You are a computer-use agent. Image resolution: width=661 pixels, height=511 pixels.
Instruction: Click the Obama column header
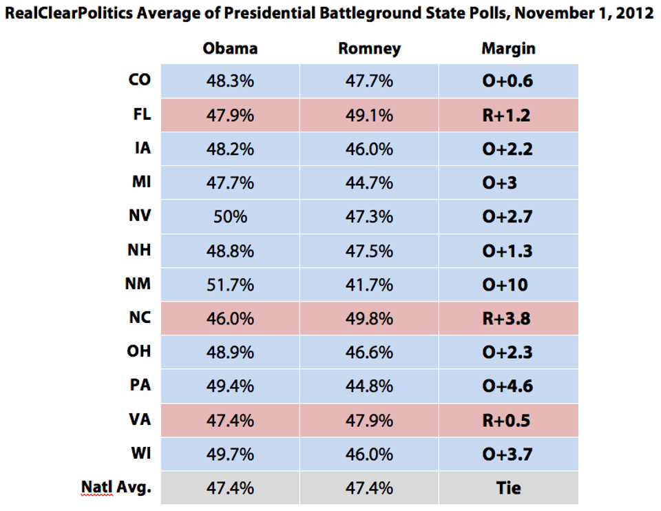tap(230, 48)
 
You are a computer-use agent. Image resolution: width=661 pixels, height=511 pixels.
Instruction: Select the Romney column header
tap(369, 48)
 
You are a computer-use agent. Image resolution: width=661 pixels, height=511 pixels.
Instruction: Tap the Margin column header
tap(508, 48)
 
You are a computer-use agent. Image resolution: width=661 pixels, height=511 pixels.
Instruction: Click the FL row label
tap(141, 114)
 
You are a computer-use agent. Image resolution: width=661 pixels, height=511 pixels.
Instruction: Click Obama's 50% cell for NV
tap(230, 216)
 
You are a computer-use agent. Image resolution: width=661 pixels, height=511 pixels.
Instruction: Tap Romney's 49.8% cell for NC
tap(369, 318)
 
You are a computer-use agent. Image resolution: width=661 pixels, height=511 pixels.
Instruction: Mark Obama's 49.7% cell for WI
tap(230, 454)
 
